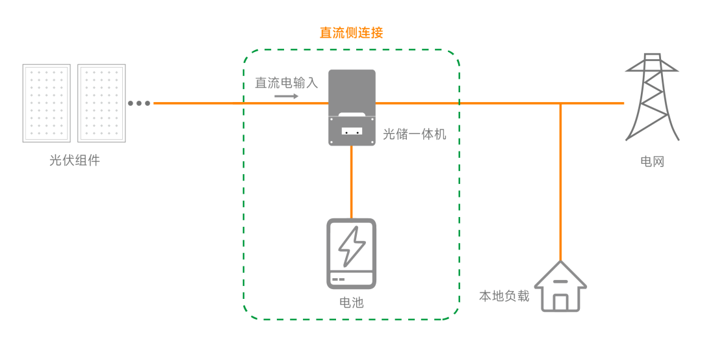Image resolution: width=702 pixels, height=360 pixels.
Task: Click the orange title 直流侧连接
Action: (351, 32)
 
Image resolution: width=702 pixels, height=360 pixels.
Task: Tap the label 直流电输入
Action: (286, 83)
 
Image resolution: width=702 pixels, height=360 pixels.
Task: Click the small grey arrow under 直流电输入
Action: (286, 97)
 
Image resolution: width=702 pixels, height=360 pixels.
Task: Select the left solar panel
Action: (46, 103)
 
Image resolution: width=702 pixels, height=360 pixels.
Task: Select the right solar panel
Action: (101, 103)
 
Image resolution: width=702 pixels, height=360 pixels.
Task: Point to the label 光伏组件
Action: (75, 161)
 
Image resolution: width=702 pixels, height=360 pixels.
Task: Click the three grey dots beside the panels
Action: (139, 103)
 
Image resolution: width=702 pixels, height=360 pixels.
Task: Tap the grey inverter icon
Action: (352, 107)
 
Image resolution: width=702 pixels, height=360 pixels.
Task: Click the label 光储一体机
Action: (415, 135)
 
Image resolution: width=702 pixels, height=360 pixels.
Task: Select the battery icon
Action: (351, 253)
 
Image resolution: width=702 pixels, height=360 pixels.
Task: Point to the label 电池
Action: (352, 303)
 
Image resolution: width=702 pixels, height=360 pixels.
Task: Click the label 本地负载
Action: (504, 296)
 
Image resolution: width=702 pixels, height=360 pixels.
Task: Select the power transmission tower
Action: (651, 97)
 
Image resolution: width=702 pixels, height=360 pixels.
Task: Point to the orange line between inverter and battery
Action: (352, 182)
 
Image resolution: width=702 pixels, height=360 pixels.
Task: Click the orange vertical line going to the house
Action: (560, 182)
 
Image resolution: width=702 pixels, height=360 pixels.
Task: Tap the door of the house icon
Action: (560, 302)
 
